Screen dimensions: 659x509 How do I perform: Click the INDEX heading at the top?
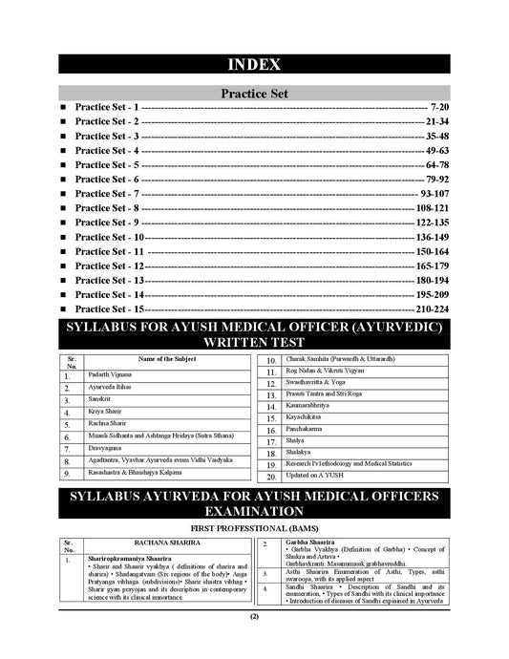(254, 65)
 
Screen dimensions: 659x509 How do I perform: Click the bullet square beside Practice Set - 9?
(63, 222)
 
